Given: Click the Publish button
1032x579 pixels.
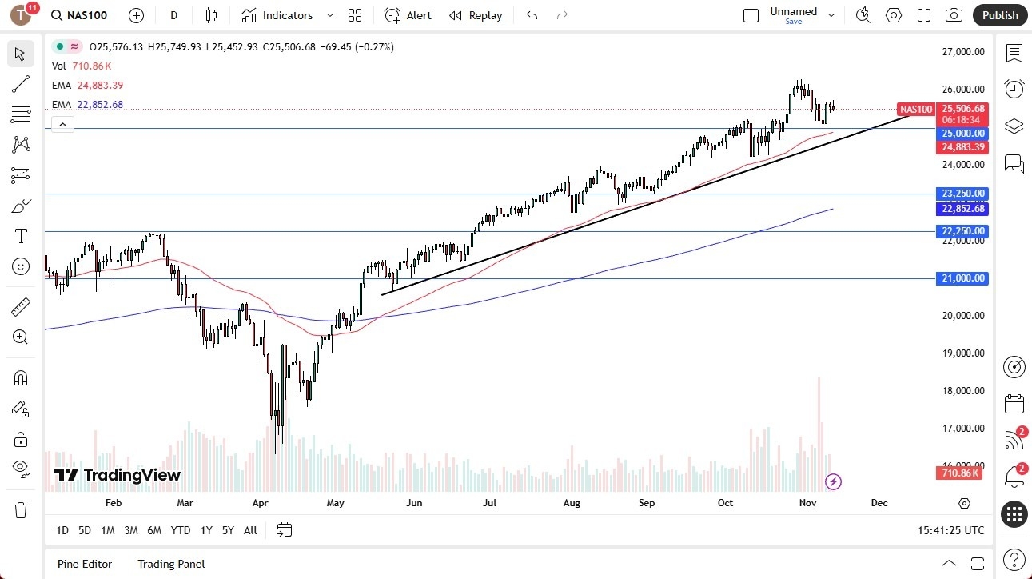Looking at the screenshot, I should [x=1000, y=15].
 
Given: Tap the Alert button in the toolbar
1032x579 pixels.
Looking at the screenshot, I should [x=408, y=15].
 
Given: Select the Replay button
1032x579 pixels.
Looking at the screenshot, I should [x=476, y=15].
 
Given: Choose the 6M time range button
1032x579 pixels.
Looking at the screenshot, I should [x=154, y=530].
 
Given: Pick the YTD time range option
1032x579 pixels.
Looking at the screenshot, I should [x=181, y=530].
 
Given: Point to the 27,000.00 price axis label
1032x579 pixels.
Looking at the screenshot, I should [x=962, y=52].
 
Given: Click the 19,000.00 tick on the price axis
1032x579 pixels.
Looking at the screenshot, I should [x=962, y=353].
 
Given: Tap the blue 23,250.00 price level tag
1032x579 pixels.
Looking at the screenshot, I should [x=962, y=194].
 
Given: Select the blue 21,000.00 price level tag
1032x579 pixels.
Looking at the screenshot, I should [x=962, y=278].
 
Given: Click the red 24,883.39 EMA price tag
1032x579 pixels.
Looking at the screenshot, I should [x=962, y=147].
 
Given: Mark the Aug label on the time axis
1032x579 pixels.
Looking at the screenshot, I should [x=572, y=503].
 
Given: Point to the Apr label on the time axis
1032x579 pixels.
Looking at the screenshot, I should [x=260, y=503].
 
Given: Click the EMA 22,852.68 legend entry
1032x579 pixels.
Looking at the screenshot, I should [x=88, y=105].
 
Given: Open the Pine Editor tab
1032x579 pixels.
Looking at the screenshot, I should [x=85, y=564].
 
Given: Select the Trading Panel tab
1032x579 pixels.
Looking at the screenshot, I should [x=171, y=564].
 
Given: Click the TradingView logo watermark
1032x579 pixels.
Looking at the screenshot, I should [x=118, y=476].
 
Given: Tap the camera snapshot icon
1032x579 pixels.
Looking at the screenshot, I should [x=954, y=15].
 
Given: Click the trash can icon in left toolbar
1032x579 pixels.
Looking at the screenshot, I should [x=21, y=510].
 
